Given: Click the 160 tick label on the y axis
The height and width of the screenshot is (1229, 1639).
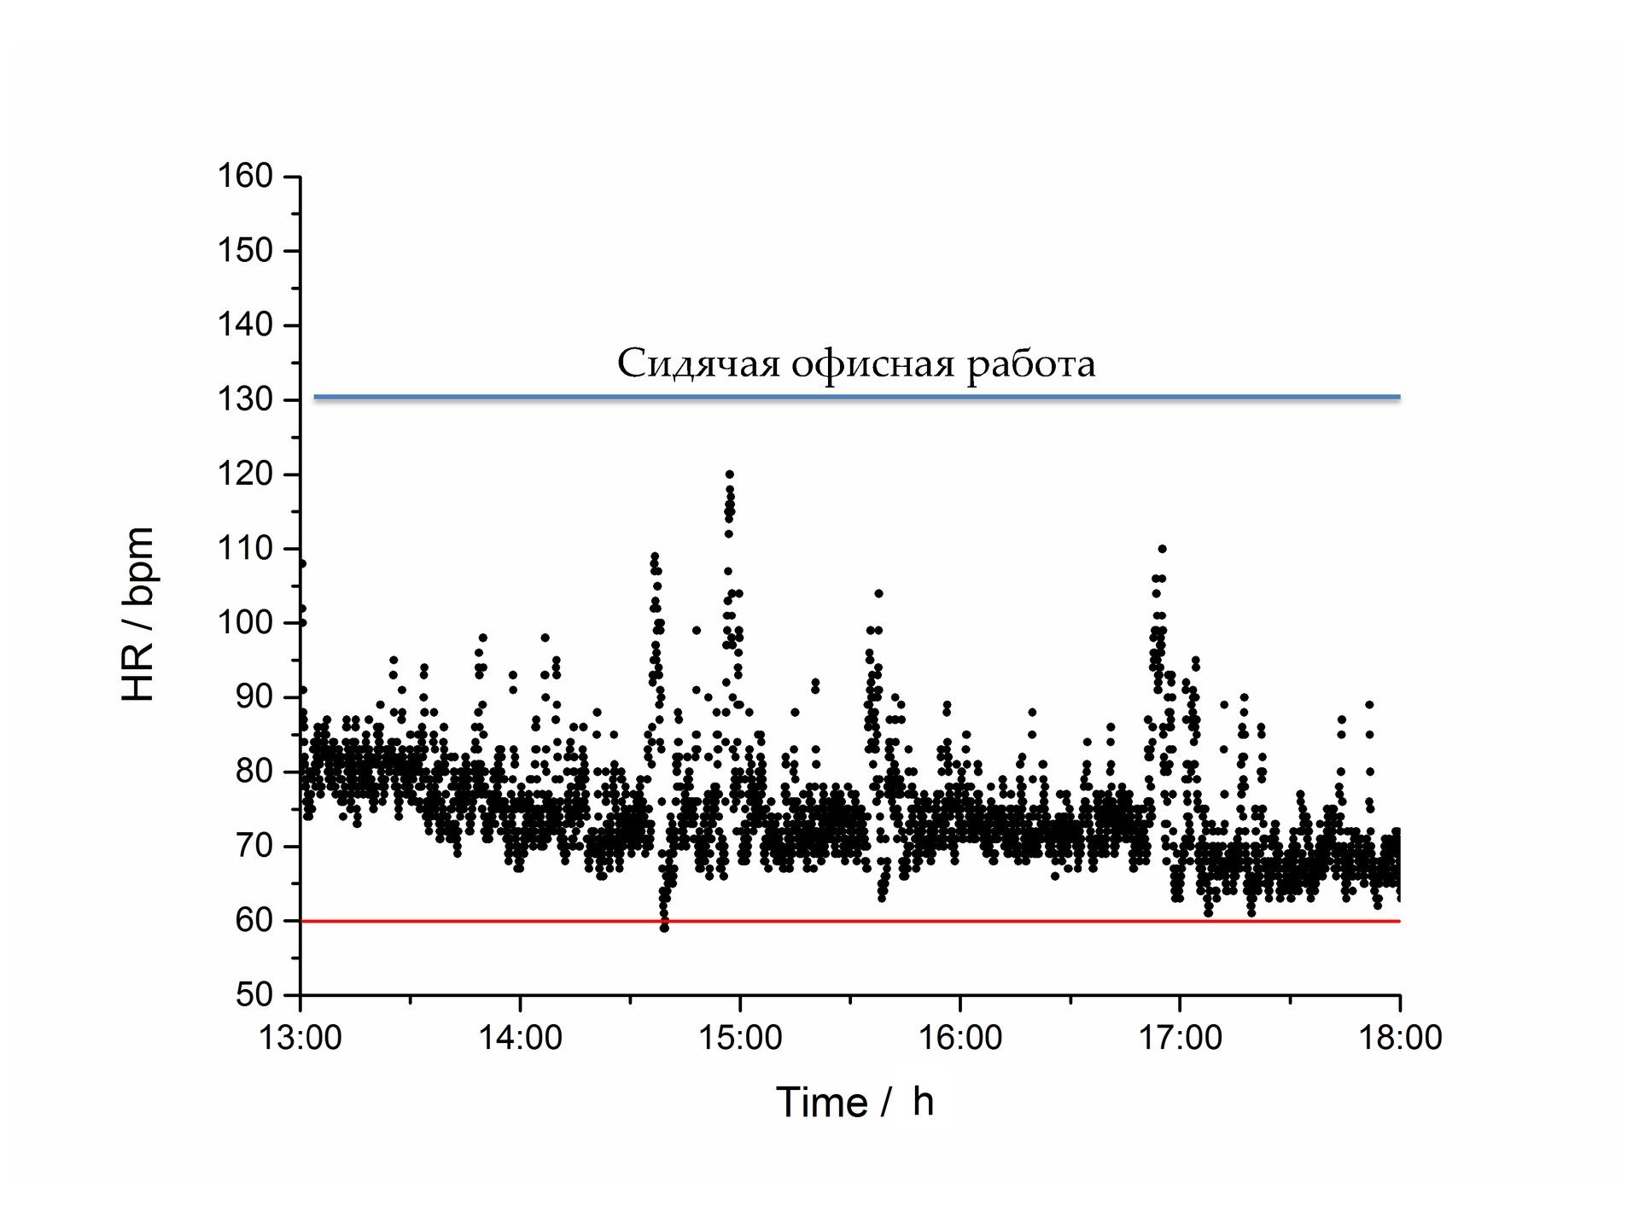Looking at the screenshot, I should click(245, 177).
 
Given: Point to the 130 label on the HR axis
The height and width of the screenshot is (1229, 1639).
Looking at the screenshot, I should click(245, 399).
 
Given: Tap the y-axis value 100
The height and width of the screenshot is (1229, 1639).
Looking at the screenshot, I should click(245, 623).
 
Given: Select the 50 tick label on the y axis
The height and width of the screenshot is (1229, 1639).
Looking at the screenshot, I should click(254, 995).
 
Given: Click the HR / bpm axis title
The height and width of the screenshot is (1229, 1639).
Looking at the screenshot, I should click(138, 614).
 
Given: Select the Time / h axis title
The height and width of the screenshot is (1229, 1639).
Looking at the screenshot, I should click(854, 1103).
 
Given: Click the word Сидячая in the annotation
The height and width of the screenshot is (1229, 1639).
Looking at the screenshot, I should click(698, 364).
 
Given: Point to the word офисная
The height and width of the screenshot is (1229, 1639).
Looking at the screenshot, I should click(872, 364).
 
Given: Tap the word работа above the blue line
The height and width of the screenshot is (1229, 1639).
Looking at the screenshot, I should click(1030, 364).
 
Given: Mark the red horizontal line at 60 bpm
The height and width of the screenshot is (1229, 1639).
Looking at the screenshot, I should click(854, 922).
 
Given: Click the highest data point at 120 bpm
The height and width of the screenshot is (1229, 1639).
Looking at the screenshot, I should click(730, 475).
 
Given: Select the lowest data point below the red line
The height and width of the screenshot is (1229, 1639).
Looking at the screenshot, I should click(664, 928).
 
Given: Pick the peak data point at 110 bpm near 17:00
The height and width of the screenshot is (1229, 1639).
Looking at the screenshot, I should click(1162, 549).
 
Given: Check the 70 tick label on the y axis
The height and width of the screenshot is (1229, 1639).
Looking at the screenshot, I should click(254, 847).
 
